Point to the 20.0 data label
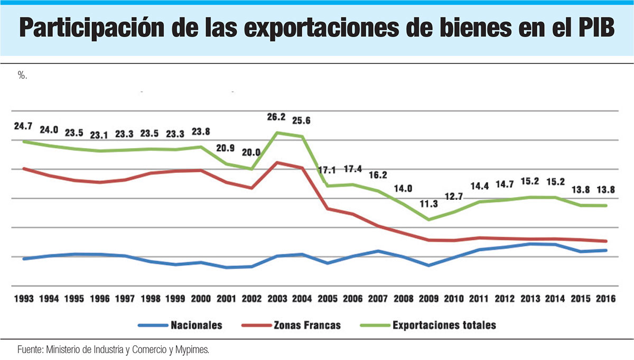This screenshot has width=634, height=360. click(x=251, y=152)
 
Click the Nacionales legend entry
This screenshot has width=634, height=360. click(x=197, y=325)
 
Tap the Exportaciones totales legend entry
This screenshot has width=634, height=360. click(x=444, y=325)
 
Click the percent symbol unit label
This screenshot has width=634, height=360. click(x=22, y=76)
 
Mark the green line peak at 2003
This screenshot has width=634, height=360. click(x=277, y=133)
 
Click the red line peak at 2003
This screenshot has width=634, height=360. click(x=277, y=162)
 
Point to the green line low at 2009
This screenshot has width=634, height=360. click(x=428, y=219)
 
